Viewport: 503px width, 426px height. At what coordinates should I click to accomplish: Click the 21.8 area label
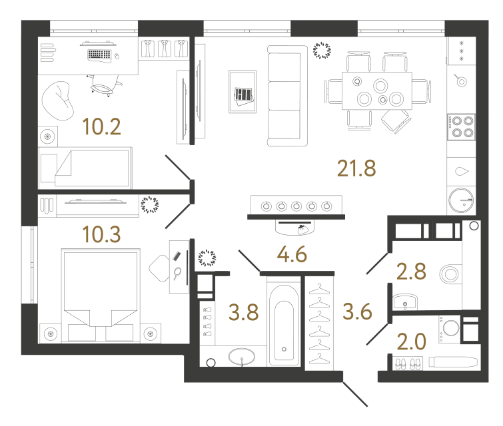tap(356, 168)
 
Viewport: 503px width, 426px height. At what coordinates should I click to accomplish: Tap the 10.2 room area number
tap(101, 126)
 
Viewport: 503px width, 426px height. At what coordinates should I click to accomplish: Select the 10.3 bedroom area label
tap(101, 234)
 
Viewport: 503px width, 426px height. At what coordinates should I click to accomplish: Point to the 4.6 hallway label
tap(292, 255)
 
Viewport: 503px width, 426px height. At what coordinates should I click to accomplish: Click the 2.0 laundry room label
tap(412, 341)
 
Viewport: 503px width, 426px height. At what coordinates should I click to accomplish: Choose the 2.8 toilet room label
tap(411, 272)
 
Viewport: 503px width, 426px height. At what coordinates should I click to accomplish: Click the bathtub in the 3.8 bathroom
tap(284, 325)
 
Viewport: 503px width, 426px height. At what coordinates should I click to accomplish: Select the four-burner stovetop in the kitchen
tap(461, 127)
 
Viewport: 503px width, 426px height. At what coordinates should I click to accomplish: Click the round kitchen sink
tap(461, 200)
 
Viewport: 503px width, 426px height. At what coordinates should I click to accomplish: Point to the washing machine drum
tap(451, 327)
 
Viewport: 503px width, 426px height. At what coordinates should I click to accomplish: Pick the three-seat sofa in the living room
tap(287, 96)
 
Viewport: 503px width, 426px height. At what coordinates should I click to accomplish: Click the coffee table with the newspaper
tap(243, 92)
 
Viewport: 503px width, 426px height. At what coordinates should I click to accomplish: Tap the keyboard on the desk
tap(99, 55)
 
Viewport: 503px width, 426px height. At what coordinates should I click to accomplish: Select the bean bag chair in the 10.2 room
tap(57, 101)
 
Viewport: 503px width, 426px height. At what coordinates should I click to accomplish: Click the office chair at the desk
tap(104, 85)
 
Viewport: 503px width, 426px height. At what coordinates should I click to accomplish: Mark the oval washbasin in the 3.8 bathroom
tap(242, 357)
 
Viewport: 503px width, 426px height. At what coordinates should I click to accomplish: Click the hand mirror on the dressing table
tap(177, 273)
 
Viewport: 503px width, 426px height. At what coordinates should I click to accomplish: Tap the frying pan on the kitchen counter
tap(460, 80)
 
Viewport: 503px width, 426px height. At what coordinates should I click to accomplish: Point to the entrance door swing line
tap(355, 394)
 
